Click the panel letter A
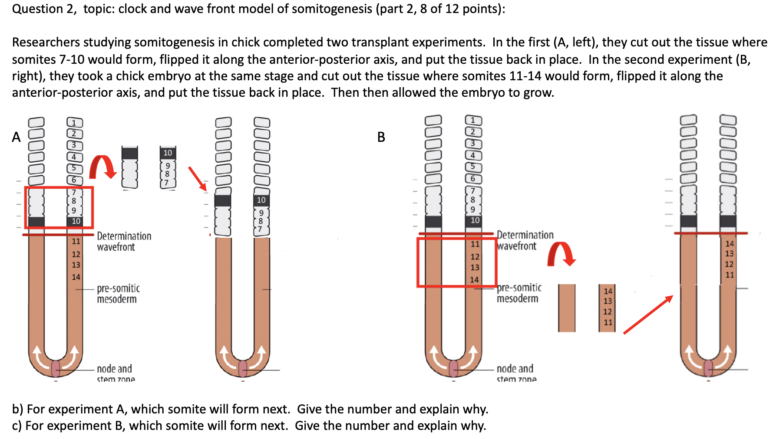(x=16, y=137)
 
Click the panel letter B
(x=381, y=137)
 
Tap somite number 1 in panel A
(x=74, y=123)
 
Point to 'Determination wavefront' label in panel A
(x=124, y=242)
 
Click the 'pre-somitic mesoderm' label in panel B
(x=519, y=293)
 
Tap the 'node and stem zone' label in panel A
(x=115, y=373)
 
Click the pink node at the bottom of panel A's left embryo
(x=56, y=369)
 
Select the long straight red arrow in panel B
(x=648, y=315)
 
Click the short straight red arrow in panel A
(x=198, y=178)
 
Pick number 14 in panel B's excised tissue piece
(x=608, y=291)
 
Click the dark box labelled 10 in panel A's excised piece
(x=168, y=153)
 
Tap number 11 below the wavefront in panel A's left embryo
(x=76, y=241)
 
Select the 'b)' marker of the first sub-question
(x=17, y=409)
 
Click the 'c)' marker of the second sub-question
(x=17, y=426)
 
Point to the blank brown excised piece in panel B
(x=566, y=308)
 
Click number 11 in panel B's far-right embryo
(x=730, y=275)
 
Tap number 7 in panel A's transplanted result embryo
(x=260, y=229)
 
